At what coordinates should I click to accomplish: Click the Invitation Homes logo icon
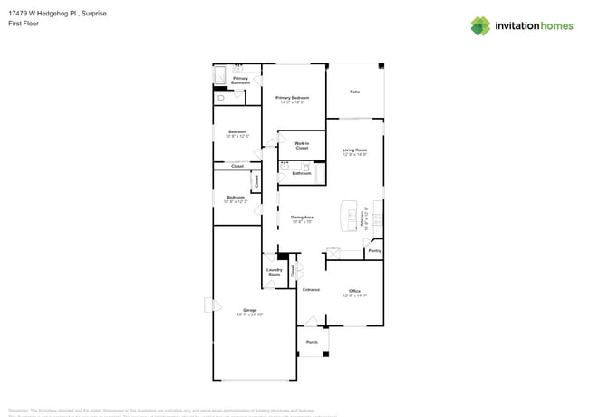click(x=480, y=25)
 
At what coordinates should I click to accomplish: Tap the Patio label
click(x=355, y=92)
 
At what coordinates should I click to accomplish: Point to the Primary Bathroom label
click(x=240, y=81)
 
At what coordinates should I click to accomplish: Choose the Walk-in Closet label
click(x=302, y=145)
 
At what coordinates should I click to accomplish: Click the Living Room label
click(x=354, y=151)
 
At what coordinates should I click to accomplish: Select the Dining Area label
click(x=302, y=218)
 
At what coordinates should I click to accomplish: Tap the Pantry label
click(x=374, y=251)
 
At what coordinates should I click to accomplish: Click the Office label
click(x=354, y=293)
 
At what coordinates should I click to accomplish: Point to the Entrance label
click(x=311, y=289)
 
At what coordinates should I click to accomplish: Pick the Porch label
click(x=312, y=342)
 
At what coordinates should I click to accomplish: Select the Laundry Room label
click(x=275, y=271)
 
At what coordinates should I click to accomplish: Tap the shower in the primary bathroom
click(x=221, y=75)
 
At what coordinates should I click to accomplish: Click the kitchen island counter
click(x=346, y=215)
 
